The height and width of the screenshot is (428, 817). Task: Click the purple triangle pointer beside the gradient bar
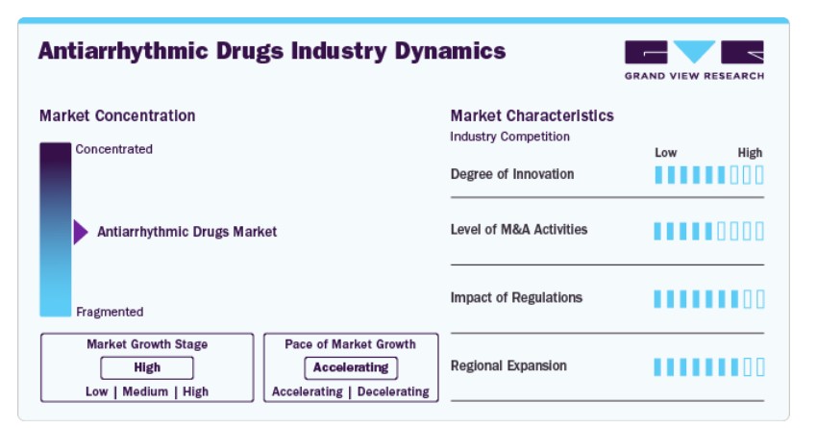click(x=80, y=232)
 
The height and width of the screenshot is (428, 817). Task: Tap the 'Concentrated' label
click(x=114, y=149)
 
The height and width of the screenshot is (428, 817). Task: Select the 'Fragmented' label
click(x=110, y=312)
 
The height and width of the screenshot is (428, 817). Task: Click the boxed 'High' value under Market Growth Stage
click(x=147, y=367)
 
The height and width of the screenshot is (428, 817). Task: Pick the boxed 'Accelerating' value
click(x=351, y=367)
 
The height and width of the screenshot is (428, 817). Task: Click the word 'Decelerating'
click(x=393, y=391)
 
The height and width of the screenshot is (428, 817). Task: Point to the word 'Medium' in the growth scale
click(x=145, y=391)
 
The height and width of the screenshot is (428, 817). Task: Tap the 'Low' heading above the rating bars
click(x=666, y=153)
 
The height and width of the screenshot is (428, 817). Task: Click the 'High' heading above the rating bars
click(x=750, y=153)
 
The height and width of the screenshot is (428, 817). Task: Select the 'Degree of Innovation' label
click(x=512, y=174)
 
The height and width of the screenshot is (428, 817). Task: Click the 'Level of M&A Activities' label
click(x=519, y=229)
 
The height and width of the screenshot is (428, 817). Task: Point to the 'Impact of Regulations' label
click(x=516, y=297)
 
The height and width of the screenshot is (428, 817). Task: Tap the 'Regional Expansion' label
click(x=508, y=365)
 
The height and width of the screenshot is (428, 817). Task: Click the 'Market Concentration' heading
click(x=117, y=115)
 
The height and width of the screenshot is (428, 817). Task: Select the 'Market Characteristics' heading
click(x=532, y=115)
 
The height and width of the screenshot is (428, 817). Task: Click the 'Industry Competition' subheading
click(x=510, y=137)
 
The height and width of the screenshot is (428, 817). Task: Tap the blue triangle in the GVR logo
click(x=694, y=50)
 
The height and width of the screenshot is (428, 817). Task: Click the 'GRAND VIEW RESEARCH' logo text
click(x=695, y=76)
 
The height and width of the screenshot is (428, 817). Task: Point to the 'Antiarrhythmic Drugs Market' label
click(x=187, y=232)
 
